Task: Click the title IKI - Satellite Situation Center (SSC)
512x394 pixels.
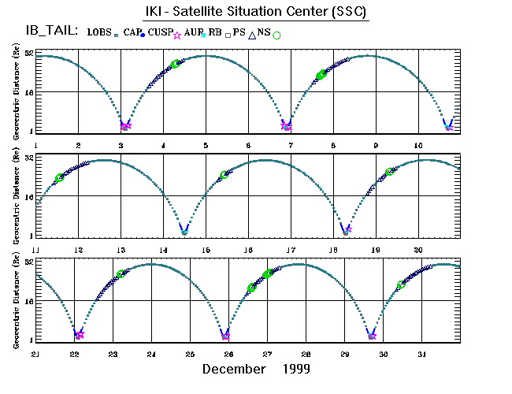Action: [256, 13]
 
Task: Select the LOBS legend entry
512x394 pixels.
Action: [101, 32]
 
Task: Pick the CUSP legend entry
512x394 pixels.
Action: [161, 32]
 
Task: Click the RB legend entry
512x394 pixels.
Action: [214, 32]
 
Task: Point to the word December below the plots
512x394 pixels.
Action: [234, 369]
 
